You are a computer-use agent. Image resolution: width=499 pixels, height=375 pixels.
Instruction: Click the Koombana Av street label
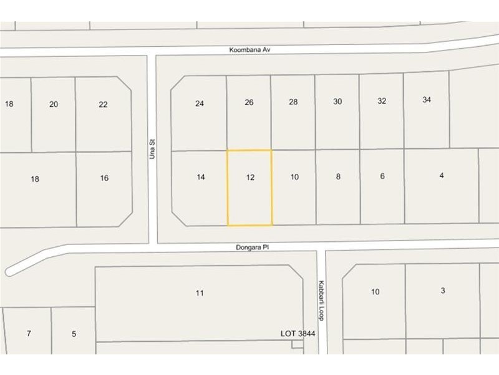[x=251, y=49]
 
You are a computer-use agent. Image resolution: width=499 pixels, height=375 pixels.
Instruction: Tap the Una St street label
[x=152, y=149]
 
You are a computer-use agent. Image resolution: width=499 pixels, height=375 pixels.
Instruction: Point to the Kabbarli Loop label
[x=322, y=300]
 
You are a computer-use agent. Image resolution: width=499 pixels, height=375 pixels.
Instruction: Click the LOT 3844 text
[x=298, y=334]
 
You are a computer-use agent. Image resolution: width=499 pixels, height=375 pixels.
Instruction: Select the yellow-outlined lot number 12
[x=250, y=177]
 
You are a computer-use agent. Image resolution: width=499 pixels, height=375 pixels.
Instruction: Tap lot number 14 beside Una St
[x=200, y=177]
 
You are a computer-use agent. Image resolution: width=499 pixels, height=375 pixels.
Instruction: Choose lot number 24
[x=200, y=104]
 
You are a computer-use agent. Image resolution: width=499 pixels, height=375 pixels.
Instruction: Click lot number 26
[x=249, y=102]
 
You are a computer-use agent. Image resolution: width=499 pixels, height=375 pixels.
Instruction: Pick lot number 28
[x=293, y=101]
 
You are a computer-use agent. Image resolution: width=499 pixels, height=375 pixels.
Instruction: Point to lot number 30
[x=337, y=101]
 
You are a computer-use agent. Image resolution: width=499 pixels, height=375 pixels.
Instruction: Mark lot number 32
[x=382, y=101]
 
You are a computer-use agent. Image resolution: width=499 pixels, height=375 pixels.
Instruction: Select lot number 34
[x=427, y=99]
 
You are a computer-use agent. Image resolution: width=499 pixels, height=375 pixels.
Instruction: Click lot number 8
[x=338, y=177]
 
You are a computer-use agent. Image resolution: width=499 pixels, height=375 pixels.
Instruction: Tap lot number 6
[x=382, y=176]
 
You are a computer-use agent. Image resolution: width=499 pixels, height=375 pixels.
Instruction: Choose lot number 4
[x=441, y=176]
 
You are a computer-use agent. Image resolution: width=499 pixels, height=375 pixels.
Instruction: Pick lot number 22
[x=103, y=104]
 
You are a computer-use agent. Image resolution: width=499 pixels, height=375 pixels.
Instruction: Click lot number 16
[x=104, y=178]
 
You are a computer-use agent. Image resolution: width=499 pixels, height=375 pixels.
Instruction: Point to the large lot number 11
[x=200, y=292]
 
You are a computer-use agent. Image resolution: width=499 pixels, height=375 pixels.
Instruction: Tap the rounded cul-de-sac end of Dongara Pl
[x=10, y=271]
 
